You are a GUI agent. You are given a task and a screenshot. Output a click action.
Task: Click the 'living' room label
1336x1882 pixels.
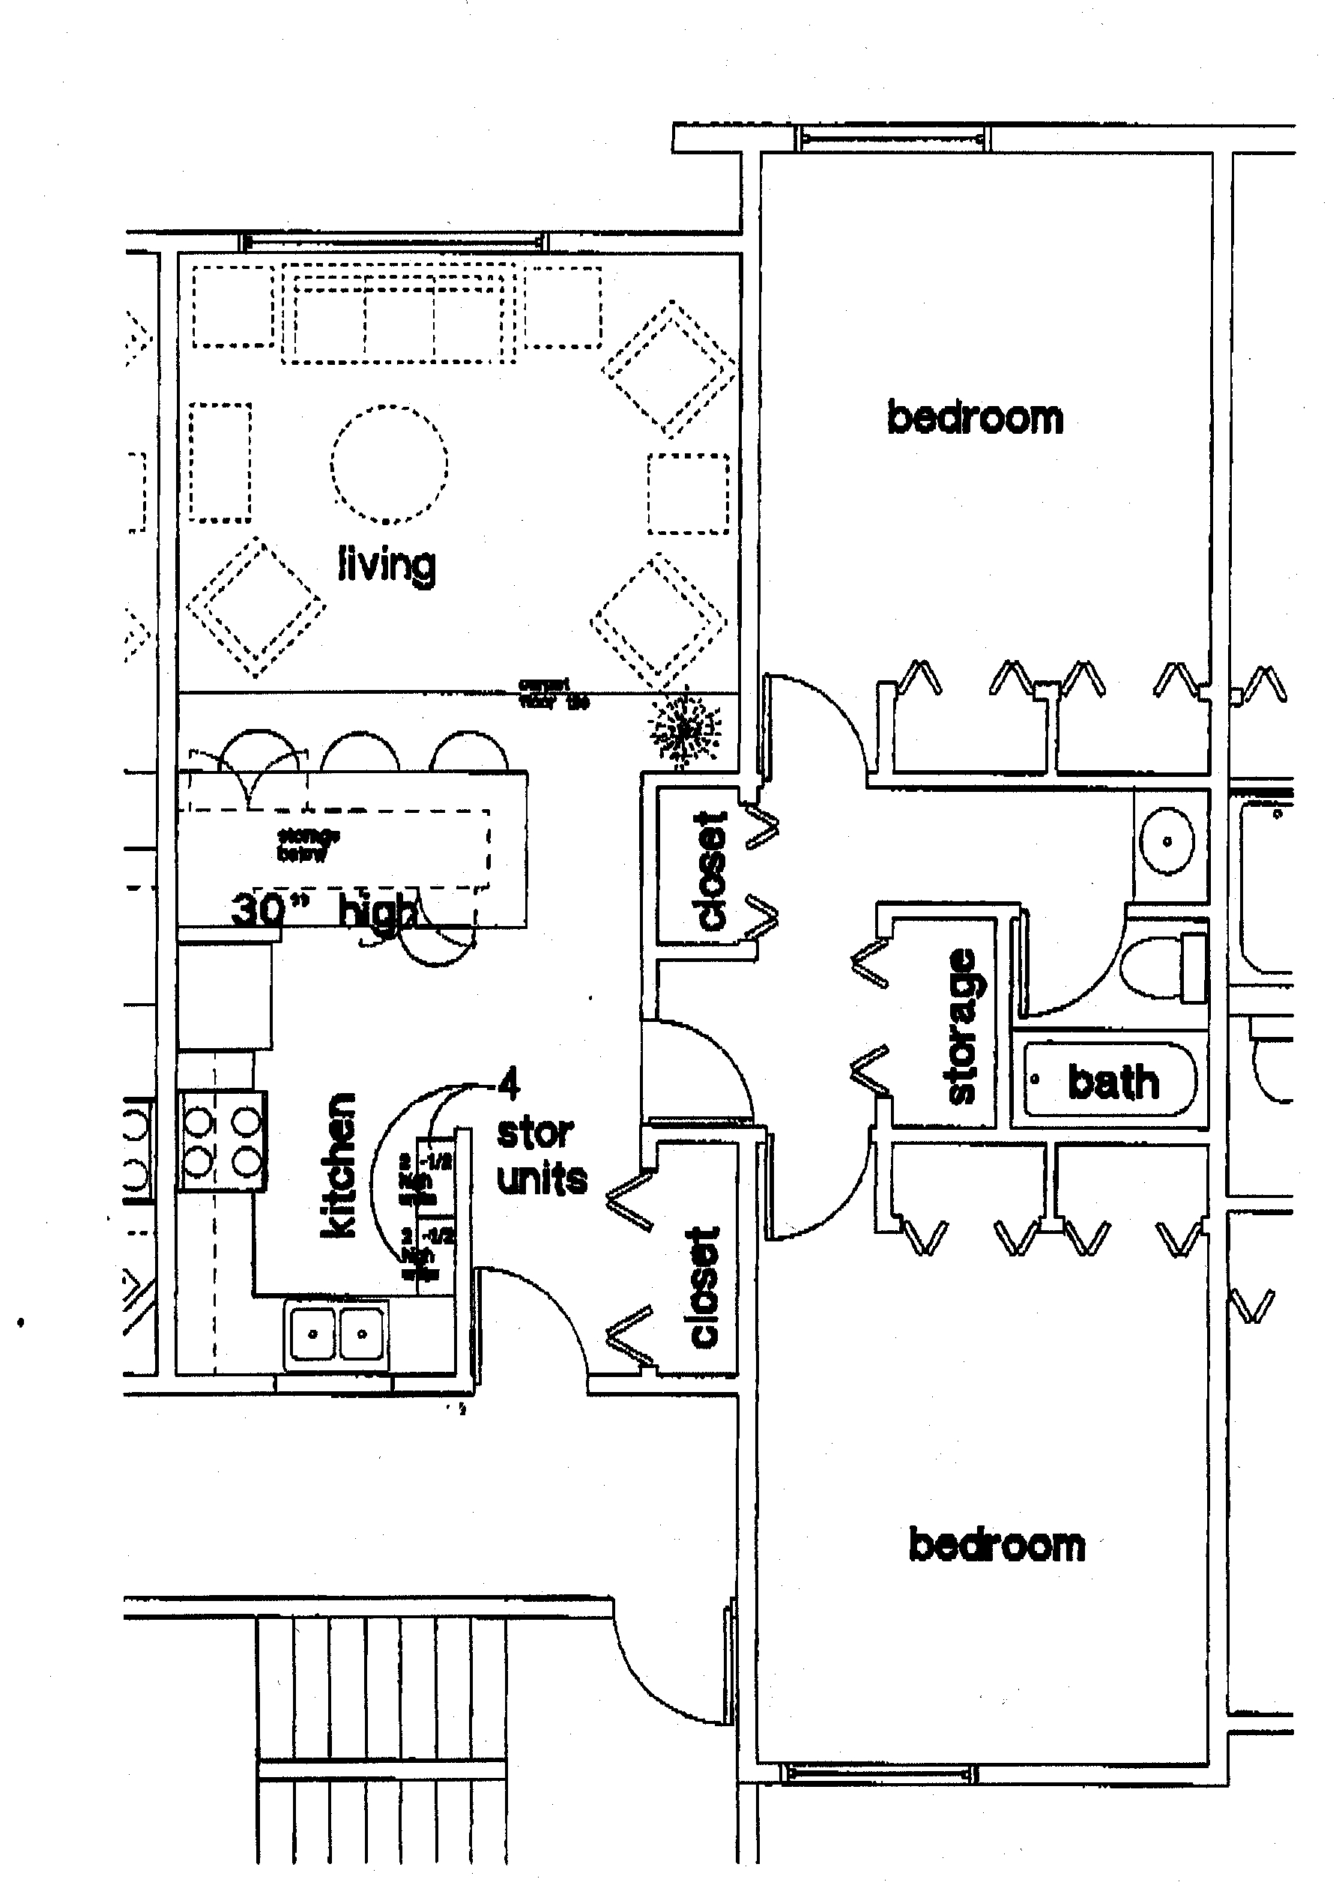[387, 564]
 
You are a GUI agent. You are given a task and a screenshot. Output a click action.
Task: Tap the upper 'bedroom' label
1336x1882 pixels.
[975, 419]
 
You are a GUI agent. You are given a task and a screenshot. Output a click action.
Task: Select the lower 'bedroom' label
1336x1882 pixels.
[997, 1545]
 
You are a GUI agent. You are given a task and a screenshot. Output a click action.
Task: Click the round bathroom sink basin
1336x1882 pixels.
[1167, 841]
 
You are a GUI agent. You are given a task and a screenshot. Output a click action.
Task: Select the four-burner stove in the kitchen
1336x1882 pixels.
[222, 1140]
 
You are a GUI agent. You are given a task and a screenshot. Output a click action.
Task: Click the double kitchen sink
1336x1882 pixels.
[337, 1334]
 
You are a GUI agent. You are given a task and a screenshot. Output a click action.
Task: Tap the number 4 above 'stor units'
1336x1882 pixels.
[510, 1085]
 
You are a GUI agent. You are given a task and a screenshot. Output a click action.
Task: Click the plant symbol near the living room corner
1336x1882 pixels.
[683, 729]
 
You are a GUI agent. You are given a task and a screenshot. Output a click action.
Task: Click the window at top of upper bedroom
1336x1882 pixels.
[892, 137]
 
